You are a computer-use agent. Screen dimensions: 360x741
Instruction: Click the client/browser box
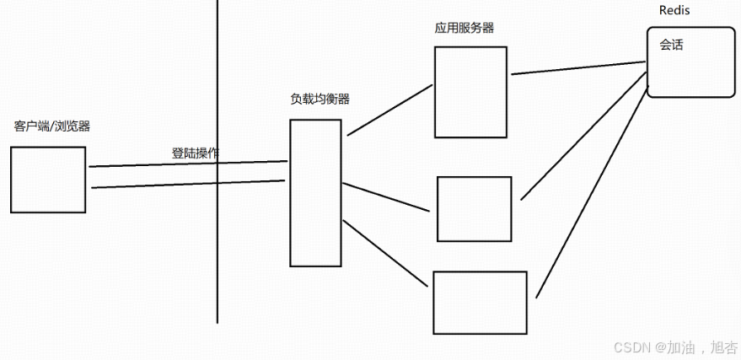(48, 179)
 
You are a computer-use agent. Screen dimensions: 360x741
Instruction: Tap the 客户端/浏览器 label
(52, 126)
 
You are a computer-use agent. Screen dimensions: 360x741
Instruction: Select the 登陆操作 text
(195, 153)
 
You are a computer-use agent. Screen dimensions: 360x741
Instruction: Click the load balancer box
(315, 193)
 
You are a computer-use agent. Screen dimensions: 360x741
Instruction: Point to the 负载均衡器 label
(319, 99)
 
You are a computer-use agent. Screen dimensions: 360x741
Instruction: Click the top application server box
(470, 92)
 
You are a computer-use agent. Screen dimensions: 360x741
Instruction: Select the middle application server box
(474, 208)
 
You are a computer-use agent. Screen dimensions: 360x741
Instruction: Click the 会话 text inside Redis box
(671, 45)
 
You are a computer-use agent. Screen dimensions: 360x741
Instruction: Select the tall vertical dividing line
(217, 253)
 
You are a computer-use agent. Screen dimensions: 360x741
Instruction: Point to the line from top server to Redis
(577, 68)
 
